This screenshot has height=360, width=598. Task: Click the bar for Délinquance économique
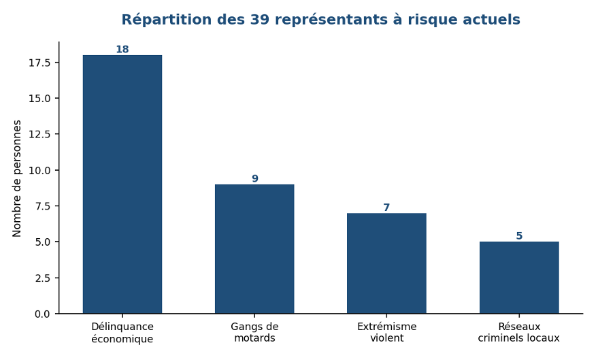coord(122,184)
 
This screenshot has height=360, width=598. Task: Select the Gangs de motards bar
coord(254,249)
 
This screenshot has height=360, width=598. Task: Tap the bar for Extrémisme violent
coord(386,263)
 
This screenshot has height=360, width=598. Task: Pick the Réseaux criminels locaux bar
coord(519,278)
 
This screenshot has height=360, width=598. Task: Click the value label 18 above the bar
coord(122,49)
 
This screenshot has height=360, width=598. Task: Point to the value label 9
coord(254,178)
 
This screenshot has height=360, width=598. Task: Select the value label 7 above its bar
coord(386,207)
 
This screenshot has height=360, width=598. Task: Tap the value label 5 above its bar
coord(519,235)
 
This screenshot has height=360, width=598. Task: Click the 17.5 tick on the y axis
coord(39,63)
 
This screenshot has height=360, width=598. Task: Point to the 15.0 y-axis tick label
coord(39,99)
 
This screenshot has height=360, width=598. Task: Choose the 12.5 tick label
coord(39,134)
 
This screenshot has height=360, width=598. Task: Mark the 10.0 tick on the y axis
coord(39,170)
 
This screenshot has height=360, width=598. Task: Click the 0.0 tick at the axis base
coord(42,314)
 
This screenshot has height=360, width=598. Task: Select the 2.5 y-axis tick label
coord(42,278)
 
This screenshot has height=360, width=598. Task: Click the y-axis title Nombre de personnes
coord(16,178)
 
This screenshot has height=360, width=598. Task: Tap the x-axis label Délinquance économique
coord(122,333)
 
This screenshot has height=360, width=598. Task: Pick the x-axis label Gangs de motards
coord(254,332)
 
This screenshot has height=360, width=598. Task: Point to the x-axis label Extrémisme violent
coord(386,332)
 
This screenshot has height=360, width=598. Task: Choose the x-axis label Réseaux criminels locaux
coord(519,332)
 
